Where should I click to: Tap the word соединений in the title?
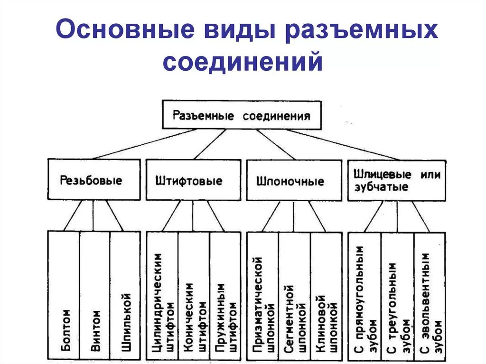tap(243, 62)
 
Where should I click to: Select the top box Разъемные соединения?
tap(242, 115)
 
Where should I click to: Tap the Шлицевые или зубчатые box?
tap(397, 180)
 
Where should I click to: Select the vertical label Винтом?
tap(95, 330)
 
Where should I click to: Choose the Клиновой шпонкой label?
tap(326, 323)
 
